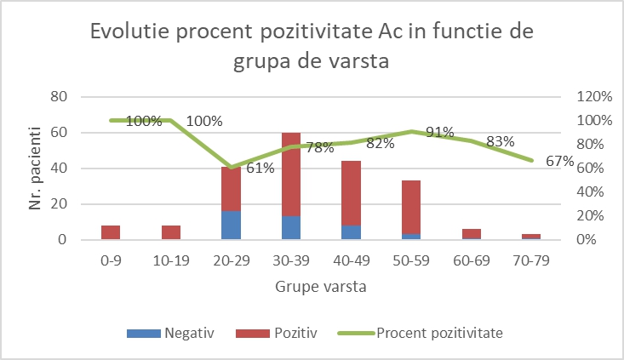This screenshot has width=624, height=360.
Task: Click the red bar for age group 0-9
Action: [x=111, y=232]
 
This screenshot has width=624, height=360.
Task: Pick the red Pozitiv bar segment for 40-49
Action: [x=351, y=192]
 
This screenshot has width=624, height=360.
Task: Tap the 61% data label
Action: [x=260, y=169]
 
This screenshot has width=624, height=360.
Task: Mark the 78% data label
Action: [x=319, y=147]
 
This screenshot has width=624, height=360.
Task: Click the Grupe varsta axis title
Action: [x=321, y=286]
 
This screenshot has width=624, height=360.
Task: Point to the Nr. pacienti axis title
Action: [x=35, y=168]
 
